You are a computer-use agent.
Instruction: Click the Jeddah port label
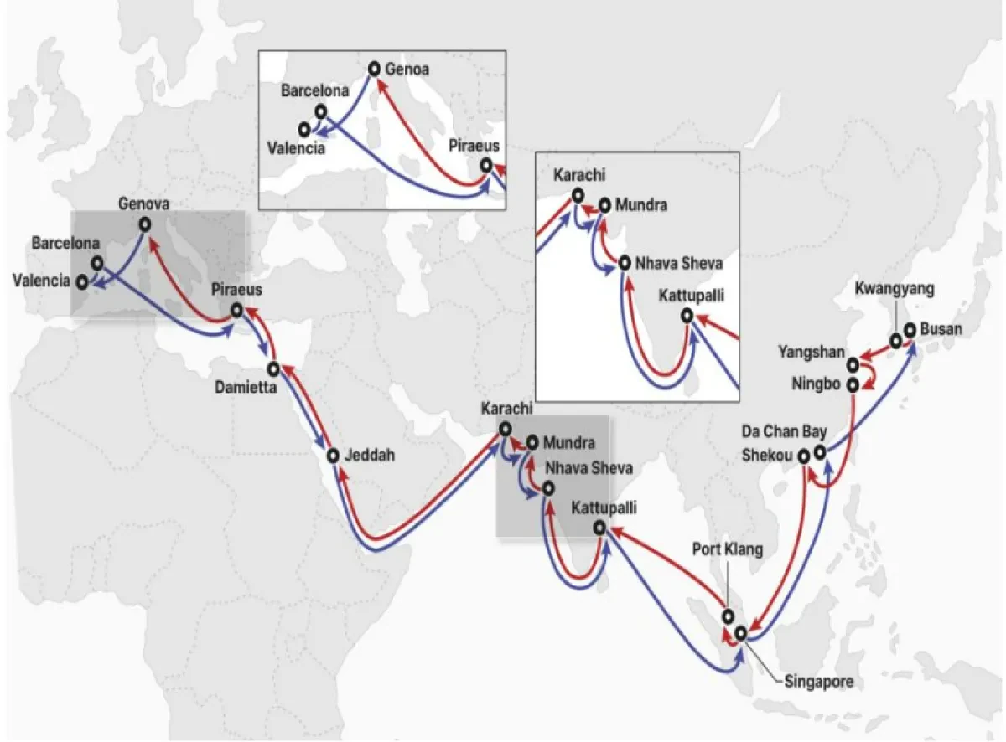click(x=370, y=456)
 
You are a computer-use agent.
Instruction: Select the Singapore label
click(x=818, y=681)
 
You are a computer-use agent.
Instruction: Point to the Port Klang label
click(x=729, y=550)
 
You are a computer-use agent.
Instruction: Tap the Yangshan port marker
click(x=853, y=364)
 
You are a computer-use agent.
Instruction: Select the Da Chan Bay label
click(x=786, y=432)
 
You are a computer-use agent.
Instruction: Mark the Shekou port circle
click(x=804, y=456)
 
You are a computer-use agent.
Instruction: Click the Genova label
click(x=144, y=204)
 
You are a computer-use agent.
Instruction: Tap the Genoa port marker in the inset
click(x=374, y=68)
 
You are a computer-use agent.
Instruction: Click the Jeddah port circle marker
click(x=333, y=456)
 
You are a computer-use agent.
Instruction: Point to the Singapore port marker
click(x=739, y=632)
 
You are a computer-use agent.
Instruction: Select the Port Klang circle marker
click(x=728, y=616)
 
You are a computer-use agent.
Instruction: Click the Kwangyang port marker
click(x=895, y=340)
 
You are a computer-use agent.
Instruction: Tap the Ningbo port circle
click(x=853, y=385)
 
